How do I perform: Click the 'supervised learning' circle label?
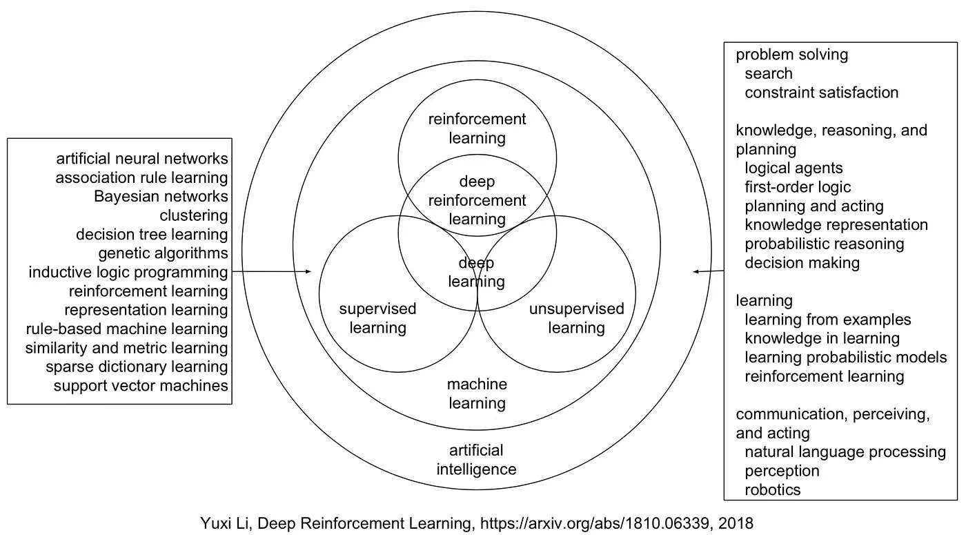point(377,318)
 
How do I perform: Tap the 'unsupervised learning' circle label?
point(576,318)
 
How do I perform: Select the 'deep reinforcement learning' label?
point(477,200)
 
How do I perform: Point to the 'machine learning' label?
point(477,393)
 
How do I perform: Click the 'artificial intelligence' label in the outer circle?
point(477,460)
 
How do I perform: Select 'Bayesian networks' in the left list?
point(161,196)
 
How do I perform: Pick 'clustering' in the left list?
point(193,215)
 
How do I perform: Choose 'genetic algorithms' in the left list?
point(163,253)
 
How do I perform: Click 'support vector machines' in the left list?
point(141,385)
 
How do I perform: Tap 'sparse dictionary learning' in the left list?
point(137,367)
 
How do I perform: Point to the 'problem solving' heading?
point(791,55)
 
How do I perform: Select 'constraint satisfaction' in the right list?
point(821,93)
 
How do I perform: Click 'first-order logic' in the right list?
point(798,187)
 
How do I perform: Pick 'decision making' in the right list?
point(802,263)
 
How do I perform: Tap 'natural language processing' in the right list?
point(845,452)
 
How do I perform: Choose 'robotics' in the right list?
point(773,490)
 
